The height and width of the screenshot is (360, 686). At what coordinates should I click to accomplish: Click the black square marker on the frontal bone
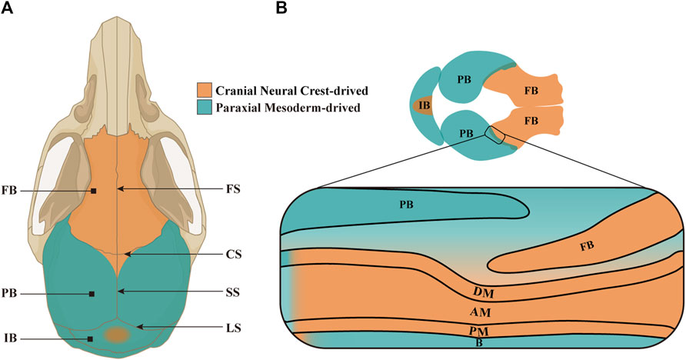coord(93,190)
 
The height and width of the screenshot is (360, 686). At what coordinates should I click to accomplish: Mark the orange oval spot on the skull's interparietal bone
coord(117,335)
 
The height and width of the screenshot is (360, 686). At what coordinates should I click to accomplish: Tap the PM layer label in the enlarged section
coord(481,331)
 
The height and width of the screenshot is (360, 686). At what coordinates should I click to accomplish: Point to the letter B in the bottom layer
coord(479,343)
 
